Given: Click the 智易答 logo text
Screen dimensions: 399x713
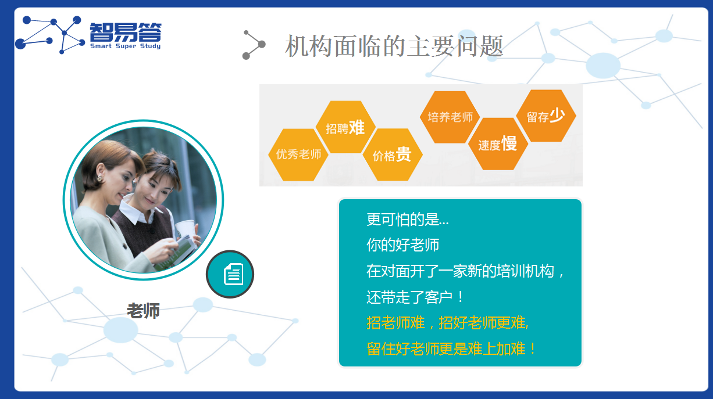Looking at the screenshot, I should [125, 32].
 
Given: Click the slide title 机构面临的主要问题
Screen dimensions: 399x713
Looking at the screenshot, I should [394, 46].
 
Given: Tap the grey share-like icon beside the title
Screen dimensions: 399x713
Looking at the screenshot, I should [254, 45].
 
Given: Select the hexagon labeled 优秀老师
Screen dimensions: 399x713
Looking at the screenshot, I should [298, 154].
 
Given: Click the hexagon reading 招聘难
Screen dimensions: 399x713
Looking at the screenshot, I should [345, 127].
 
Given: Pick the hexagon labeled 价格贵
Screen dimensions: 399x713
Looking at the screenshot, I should [392, 155].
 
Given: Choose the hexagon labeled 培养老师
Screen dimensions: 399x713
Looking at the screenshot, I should [450, 117].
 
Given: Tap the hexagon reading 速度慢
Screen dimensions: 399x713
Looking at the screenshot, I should [498, 144].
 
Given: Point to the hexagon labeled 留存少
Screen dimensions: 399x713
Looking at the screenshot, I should [546, 116].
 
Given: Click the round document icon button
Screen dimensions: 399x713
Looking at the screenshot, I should [230, 274].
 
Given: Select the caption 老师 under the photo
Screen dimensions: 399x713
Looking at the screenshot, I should [143, 311].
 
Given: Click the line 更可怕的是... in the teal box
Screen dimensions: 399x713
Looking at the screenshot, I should [407, 220].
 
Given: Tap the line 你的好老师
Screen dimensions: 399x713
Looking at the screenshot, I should [402, 245].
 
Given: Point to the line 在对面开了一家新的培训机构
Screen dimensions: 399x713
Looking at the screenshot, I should [465, 271].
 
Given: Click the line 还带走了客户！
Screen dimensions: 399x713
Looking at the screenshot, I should [415, 297].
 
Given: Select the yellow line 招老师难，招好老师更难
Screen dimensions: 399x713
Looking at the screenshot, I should [447, 323].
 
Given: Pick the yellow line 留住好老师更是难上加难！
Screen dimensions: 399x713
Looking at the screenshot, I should [451, 349].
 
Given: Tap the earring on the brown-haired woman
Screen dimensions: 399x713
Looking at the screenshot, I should [99, 177].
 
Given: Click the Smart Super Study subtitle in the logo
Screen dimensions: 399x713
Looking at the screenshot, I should [125, 46].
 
